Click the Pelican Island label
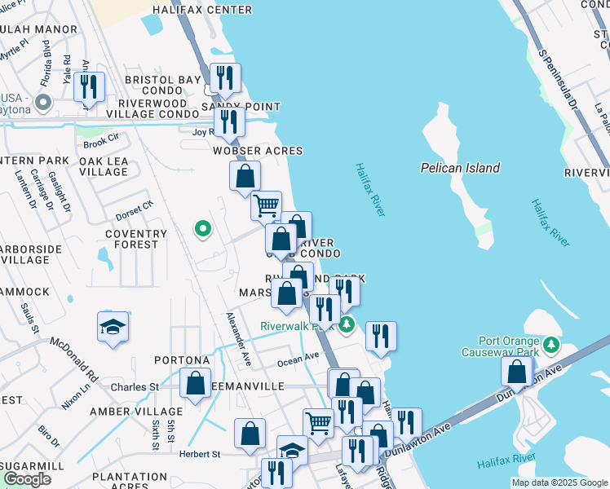point(460,168)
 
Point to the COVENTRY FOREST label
point(135,240)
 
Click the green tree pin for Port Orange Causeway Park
point(552,345)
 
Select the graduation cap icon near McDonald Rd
point(113,327)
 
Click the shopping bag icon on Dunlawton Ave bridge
point(518,372)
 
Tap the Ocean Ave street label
point(298,358)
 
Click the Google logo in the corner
point(28,479)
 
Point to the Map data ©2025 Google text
point(559,482)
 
